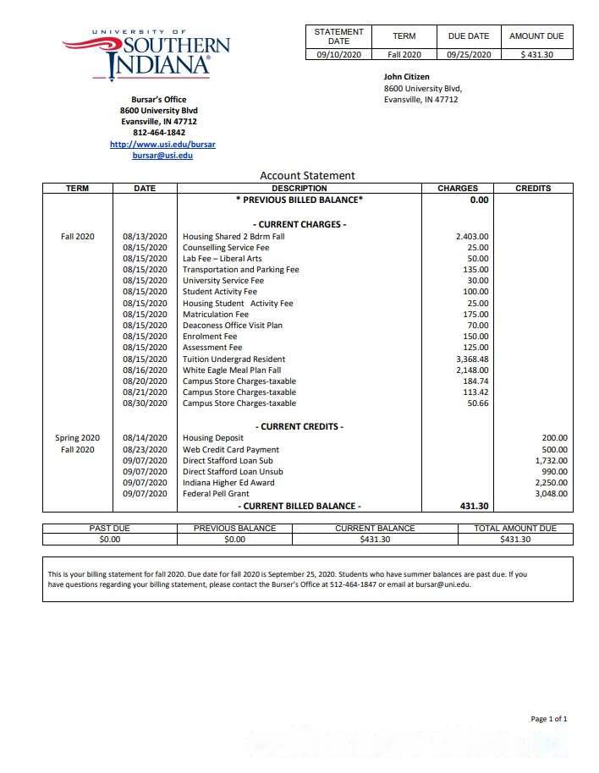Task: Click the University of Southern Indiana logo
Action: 146,55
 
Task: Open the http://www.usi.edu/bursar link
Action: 162,145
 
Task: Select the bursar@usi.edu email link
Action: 162,156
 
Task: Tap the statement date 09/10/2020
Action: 338,54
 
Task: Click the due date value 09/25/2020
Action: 469,54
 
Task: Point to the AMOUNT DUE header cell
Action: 536,36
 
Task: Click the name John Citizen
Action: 407,77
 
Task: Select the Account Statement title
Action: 307,176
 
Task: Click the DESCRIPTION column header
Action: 299,189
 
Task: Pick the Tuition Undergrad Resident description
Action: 234,359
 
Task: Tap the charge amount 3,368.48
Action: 472,359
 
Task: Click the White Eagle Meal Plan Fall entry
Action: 232,370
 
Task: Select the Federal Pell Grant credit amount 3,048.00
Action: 551,494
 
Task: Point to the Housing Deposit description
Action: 212,438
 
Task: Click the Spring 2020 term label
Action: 78,438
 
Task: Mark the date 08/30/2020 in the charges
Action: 146,403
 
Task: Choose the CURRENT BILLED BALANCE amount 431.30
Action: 473,506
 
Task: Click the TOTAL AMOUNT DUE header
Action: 516,529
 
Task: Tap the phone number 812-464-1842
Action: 159,133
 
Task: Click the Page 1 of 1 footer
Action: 549,719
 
